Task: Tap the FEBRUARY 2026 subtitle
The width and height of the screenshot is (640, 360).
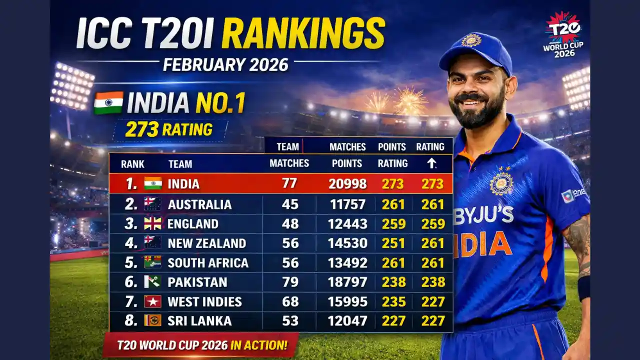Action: (225, 65)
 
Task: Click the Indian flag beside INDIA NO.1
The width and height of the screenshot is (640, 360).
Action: (108, 102)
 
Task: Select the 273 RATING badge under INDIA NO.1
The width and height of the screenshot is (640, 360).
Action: (168, 129)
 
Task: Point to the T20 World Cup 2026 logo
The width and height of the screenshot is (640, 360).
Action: (564, 34)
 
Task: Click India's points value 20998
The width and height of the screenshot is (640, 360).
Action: (347, 184)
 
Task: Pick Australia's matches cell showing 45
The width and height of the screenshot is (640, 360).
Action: (290, 204)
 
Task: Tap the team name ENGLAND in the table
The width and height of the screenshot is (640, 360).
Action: (193, 224)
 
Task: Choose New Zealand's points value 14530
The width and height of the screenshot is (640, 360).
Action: (347, 243)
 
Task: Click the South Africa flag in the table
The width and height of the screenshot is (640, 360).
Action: (152, 262)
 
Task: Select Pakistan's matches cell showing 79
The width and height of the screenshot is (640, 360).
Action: (290, 282)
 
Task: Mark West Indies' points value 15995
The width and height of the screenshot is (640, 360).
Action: (347, 302)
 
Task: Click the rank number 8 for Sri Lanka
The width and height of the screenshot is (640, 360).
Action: (130, 321)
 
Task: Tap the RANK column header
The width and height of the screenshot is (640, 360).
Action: (132, 164)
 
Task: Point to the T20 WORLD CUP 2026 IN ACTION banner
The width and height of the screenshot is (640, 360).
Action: (201, 345)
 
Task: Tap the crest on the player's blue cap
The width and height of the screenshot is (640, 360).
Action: (471, 40)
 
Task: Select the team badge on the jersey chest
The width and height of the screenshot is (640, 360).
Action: (501, 183)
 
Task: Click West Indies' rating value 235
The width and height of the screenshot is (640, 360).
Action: (393, 302)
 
